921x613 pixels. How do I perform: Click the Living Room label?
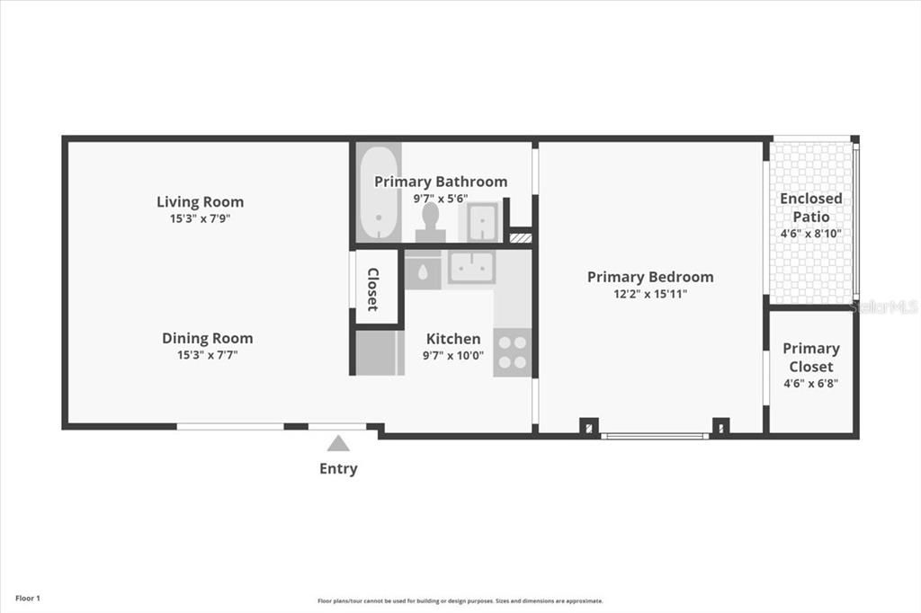tap(200, 202)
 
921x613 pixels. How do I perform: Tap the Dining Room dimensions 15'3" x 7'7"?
tap(208, 355)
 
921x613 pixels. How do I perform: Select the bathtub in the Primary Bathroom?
tap(379, 192)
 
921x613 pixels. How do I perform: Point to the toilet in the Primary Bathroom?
tap(431, 222)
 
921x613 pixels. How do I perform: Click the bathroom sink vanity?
tap(481, 221)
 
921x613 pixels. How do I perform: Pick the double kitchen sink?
tap(471, 267)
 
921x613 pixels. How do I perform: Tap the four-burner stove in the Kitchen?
tap(512, 352)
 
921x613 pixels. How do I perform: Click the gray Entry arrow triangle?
tap(338, 443)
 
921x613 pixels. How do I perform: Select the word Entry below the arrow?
tap(338, 468)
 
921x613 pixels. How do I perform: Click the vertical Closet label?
tap(373, 289)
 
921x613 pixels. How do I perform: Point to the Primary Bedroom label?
tap(650, 277)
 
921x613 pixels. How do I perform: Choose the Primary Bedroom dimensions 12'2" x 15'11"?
tap(650, 294)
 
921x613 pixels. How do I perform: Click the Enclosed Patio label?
tap(810, 208)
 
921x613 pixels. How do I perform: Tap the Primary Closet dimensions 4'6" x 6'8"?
tap(810, 384)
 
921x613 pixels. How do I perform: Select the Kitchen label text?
tap(453, 339)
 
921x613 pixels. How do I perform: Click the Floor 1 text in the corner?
tap(28, 599)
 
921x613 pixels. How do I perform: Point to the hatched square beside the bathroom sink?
tap(521, 237)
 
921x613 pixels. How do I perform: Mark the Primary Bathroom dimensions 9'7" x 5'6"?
tap(441, 199)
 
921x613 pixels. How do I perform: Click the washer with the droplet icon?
tap(423, 271)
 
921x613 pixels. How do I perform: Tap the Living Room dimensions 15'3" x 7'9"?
tap(200, 218)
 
